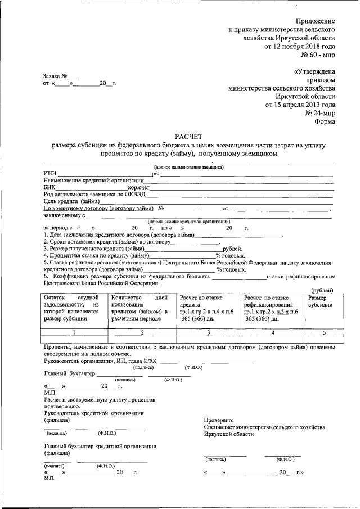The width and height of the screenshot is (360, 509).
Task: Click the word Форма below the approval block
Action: [326, 121]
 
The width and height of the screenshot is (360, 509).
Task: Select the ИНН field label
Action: [49, 173]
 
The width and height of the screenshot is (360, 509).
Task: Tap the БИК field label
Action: [49, 187]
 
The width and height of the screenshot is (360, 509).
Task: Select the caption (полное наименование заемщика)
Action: [188, 167]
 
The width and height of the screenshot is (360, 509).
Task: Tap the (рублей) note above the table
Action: [322, 289]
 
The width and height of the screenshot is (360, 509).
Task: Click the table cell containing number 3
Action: [208, 332]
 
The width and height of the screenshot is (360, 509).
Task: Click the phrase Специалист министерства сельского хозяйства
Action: [264, 427]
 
